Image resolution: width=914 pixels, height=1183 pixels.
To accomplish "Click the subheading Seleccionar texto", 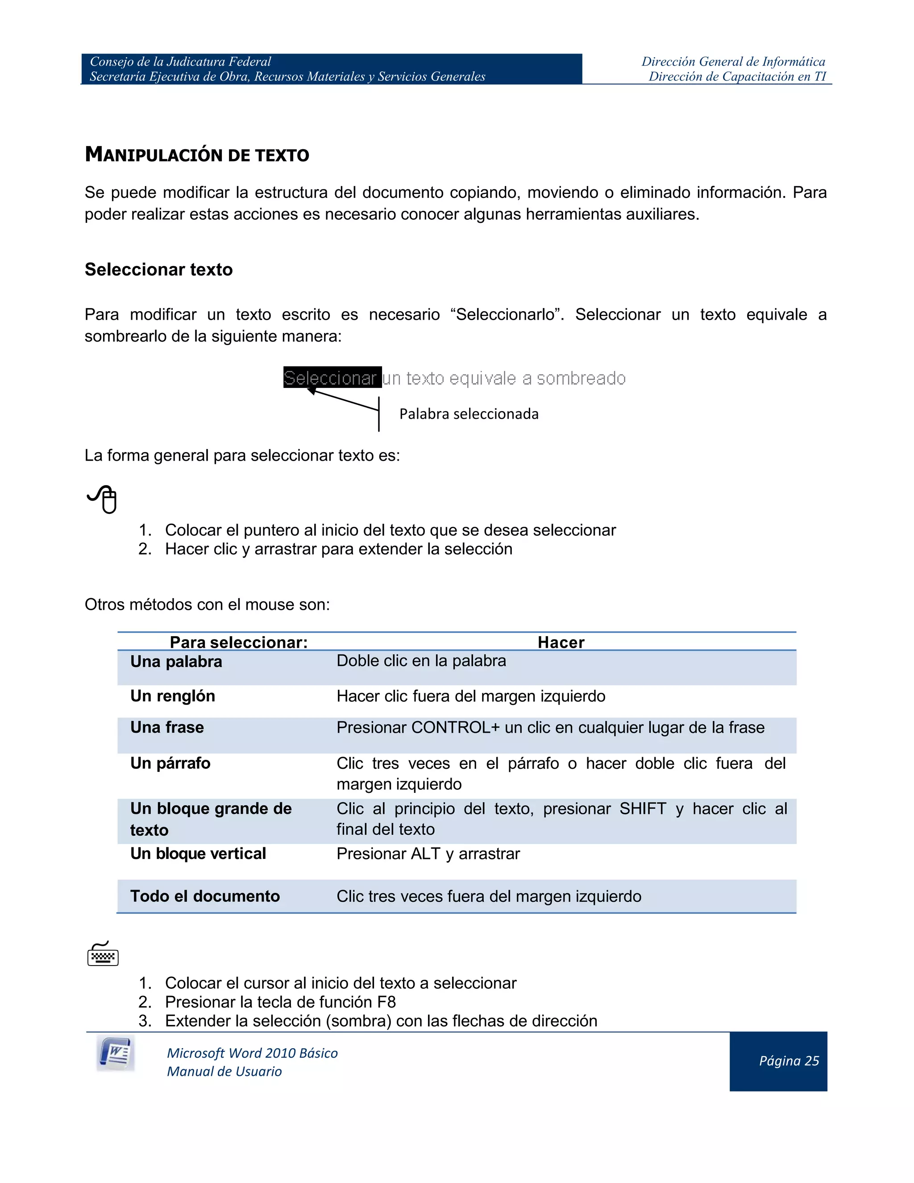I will coord(158,269).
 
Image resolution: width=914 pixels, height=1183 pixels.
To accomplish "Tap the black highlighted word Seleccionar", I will coord(331,378).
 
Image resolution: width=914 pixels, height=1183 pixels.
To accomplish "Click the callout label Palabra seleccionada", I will coord(468,414).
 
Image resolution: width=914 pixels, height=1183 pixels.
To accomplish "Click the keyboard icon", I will coord(103,954).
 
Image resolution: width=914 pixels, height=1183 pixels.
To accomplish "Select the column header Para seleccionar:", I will coord(239,642).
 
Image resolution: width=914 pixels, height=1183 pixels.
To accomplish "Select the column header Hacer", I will coord(561,642).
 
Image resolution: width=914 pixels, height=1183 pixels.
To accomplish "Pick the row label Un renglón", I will coord(173,696).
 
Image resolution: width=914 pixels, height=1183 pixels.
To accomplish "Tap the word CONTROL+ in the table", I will coord(455,728).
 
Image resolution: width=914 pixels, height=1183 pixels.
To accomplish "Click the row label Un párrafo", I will coord(170,763).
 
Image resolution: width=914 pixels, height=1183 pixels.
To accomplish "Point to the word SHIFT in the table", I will coord(643,809).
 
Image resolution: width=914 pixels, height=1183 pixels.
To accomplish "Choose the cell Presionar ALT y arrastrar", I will coord(428,854).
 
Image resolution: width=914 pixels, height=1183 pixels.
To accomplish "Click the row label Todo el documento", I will coord(205,896).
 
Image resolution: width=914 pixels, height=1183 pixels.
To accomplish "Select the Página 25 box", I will coord(778,1061).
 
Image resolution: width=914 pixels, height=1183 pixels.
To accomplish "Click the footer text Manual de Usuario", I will coord(224,1071).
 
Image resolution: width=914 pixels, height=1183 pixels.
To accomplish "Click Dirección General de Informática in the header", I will coord(733,62).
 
